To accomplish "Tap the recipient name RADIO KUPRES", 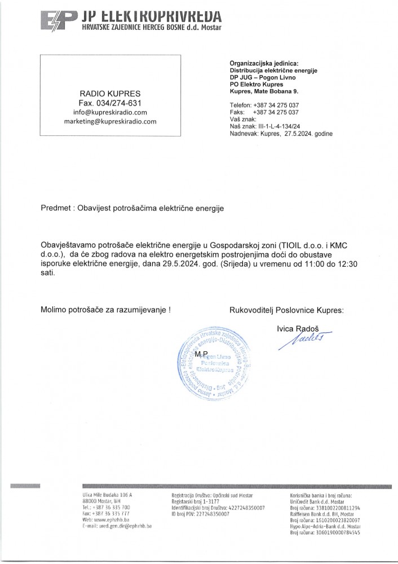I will click(110, 92).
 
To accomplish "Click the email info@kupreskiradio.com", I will click(110, 112).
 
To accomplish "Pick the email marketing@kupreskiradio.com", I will click(110, 122).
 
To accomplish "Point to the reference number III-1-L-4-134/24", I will click(280, 127).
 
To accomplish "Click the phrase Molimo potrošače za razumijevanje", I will click(104, 310).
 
